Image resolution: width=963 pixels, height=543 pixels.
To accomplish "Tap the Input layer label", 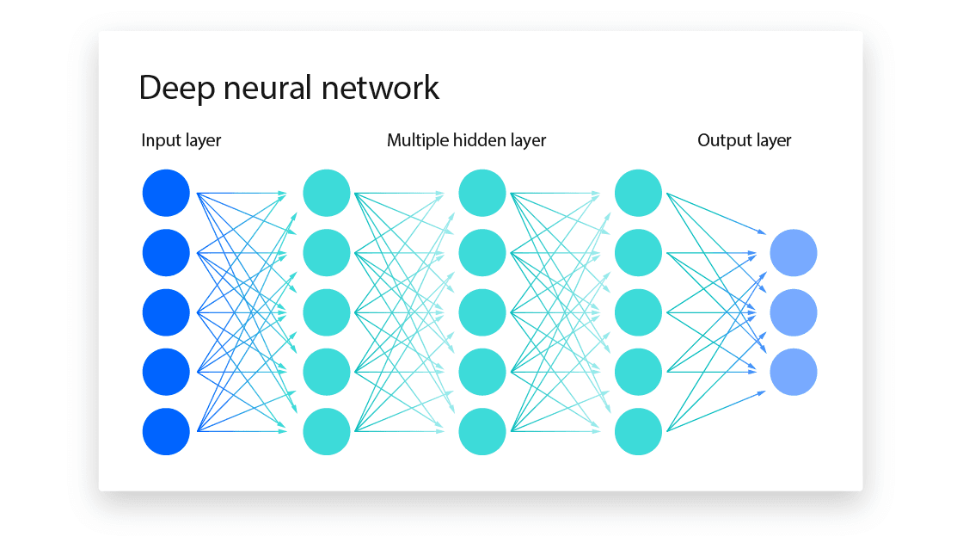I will point(181,140).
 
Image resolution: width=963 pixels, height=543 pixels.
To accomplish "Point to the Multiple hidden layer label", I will point(466,140).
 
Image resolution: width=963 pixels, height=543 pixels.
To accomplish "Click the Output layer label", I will point(744,140).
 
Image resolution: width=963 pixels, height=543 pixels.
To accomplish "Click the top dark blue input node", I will point(166,194).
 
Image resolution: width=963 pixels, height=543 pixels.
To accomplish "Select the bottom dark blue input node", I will point(166,431).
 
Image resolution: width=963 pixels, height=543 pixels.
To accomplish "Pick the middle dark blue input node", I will point(166,312).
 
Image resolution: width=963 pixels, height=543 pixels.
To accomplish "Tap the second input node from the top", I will point(166,253).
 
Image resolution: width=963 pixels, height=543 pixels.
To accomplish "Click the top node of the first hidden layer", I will point(327,194).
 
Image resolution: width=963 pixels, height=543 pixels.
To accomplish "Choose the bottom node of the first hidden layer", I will point(327,431).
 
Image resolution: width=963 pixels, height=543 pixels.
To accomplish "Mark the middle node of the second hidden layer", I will point(482,312).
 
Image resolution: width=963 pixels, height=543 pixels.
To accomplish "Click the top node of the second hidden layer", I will point(482,194).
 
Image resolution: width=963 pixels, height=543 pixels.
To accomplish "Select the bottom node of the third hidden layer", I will point(639,431).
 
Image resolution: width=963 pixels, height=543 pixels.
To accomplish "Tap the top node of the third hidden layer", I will point(639,194).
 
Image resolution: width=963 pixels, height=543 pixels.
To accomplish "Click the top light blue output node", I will point(793,253).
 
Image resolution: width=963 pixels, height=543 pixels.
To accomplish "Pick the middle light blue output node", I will point(793,312).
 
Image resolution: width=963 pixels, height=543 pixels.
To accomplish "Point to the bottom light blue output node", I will point(793,372).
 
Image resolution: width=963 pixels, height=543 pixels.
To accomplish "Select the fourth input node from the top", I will point(166,372).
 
